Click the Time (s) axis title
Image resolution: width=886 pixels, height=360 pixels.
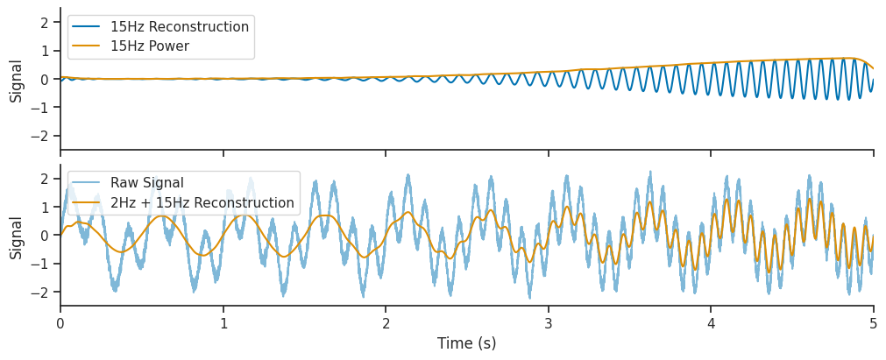(467, 343)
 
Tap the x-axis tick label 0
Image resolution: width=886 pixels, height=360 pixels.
(60, 325)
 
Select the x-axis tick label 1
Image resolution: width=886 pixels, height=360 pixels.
(223, 325)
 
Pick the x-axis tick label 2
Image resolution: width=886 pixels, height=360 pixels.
(386, 325)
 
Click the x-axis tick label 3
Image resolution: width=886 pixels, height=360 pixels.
(549, 325)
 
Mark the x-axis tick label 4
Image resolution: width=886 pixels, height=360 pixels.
(711, 325)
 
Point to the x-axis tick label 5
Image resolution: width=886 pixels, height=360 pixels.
(874, 325)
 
